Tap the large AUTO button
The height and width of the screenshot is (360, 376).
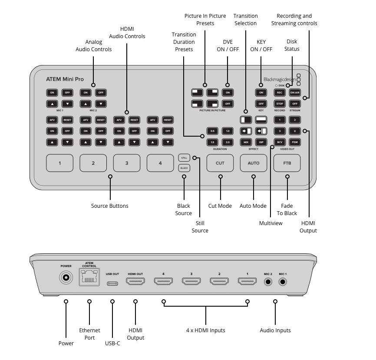coord(254,163)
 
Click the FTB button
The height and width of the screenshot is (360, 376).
coord(287,163)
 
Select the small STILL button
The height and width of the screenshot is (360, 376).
coord(184,158)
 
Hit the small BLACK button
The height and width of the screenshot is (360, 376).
coord(184,168)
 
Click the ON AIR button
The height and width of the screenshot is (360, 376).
coord(295,93)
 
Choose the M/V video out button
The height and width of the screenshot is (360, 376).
coord(280,142)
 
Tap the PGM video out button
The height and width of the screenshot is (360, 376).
coord(295,142)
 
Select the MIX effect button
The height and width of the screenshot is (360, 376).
coord(246,142)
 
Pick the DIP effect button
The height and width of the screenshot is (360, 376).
coord(261,142)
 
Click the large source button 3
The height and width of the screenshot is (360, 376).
coord(127,163)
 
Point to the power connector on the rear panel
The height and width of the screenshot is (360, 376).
coord(66,278)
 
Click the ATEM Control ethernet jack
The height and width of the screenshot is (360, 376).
coord(89,277)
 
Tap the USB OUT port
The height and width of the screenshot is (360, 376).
coord(112,284)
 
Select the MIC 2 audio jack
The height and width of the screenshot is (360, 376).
coord(268,282)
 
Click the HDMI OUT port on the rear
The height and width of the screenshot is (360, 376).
coord(135,281)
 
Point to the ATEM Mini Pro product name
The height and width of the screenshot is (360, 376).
coord(65,79)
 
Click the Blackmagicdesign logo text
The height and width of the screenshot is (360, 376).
coord(280,79)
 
